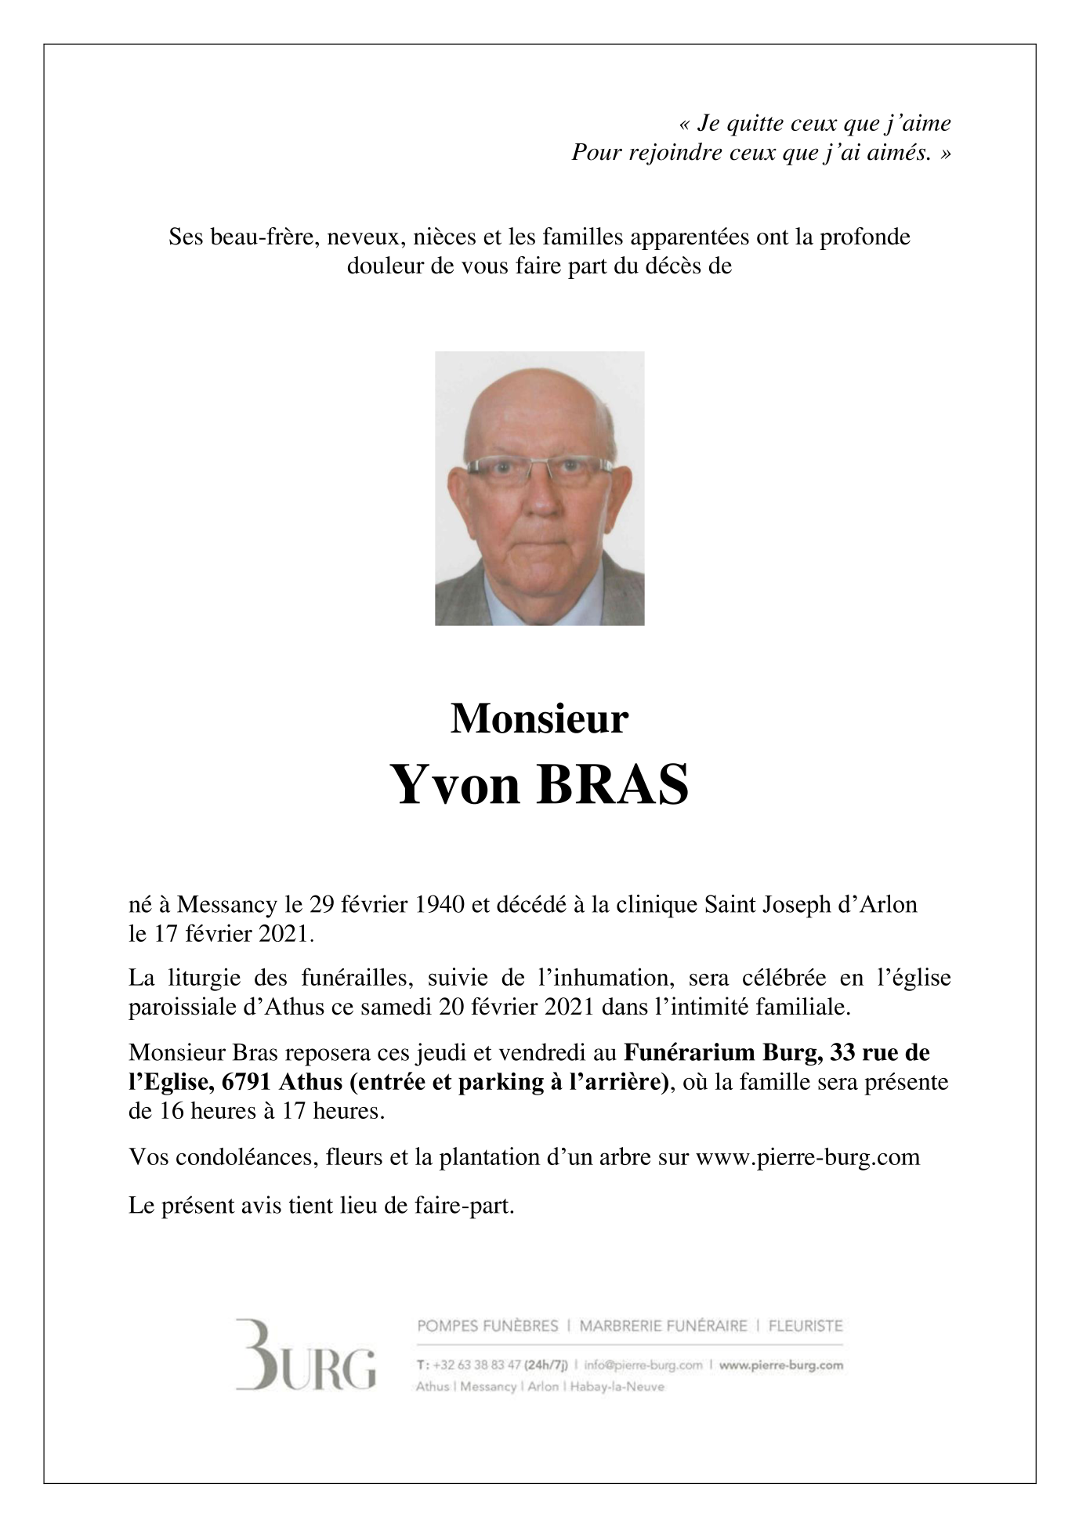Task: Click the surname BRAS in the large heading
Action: pyautogui.click(x=612, y=785)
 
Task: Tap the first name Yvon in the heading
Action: pyautogui.click(x=454, y=785)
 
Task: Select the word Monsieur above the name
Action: pyautogui.click(x=539, y=718)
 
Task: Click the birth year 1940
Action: pyautogui.click(x=440, y=905)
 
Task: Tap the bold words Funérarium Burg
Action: pyautogui.click(x=722, y=1052)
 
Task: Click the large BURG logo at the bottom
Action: pyautogui.click(x=306, y=1365)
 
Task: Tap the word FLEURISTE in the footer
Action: pyautogui.click(x=806, y=1326)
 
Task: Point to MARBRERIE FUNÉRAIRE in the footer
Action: pyautogui.click(x=664, y=1326)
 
